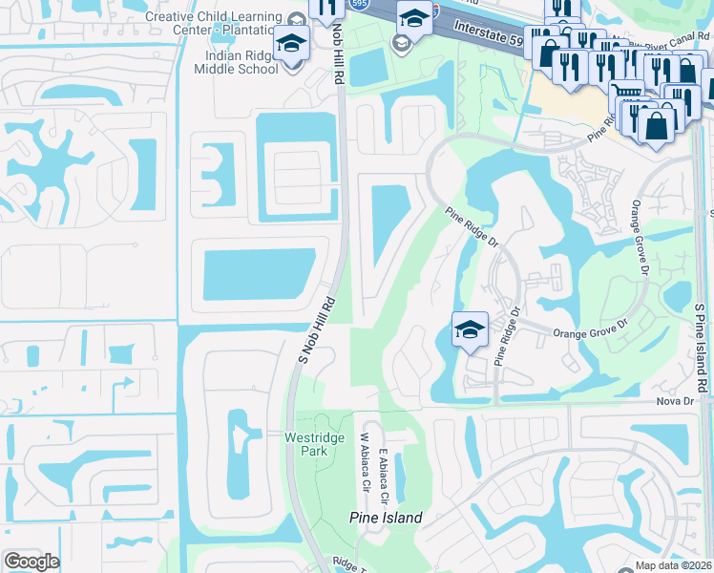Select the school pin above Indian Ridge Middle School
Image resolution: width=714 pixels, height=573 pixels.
pyautogui.click(x=291, y=44)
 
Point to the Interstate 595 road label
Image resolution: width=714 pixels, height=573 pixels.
pyautogui.click(x=488, y=32)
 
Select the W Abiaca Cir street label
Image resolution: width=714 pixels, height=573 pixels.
pyautogui.click(x=364, y=462)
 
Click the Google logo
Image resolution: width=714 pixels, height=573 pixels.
pyautogui.click(x=32, y=561)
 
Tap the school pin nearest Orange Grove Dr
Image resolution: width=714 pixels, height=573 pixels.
pyautogui.click(x=470, y=329)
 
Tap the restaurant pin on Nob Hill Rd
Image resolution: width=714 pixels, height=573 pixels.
pyautogui.click(x=326, y=9)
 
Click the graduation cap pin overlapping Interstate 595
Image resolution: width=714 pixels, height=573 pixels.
pyautogui.click(x=414, y=17)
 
